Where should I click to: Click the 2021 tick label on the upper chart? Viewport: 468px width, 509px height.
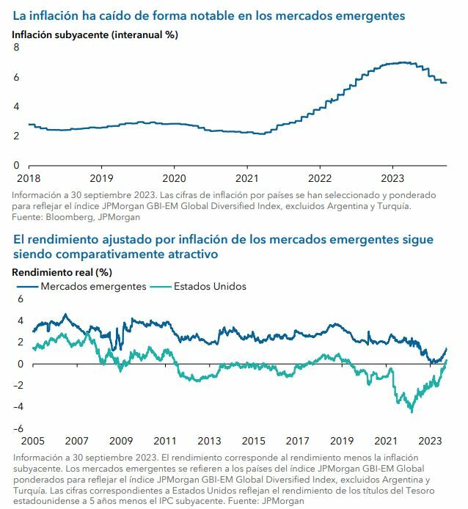pyautogui.click(x=247, y=178)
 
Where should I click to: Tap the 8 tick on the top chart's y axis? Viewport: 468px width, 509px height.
pyautogui.click(x=16, y=48)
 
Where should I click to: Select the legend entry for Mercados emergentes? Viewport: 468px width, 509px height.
pyautogui.click(x=93, y=286)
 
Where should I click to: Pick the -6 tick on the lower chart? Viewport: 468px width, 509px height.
pyautogui.click(x=19, y=429)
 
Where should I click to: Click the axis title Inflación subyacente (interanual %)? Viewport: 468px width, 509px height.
pyautogui.click(x=95, y=34)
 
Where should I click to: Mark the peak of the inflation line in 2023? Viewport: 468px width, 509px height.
pyautogui.click(x=400, y=62)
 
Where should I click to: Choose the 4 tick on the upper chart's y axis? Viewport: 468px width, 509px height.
pyautogui.click(x=16, y=106)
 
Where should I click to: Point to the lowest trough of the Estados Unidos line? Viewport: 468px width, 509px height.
pyautogui.click(x=411, y=411)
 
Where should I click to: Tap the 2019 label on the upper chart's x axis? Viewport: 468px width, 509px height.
pyautogui.click(x=101, y=178)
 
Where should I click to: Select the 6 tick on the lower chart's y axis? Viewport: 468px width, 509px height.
pyautogui.click(x=21, y=299)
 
